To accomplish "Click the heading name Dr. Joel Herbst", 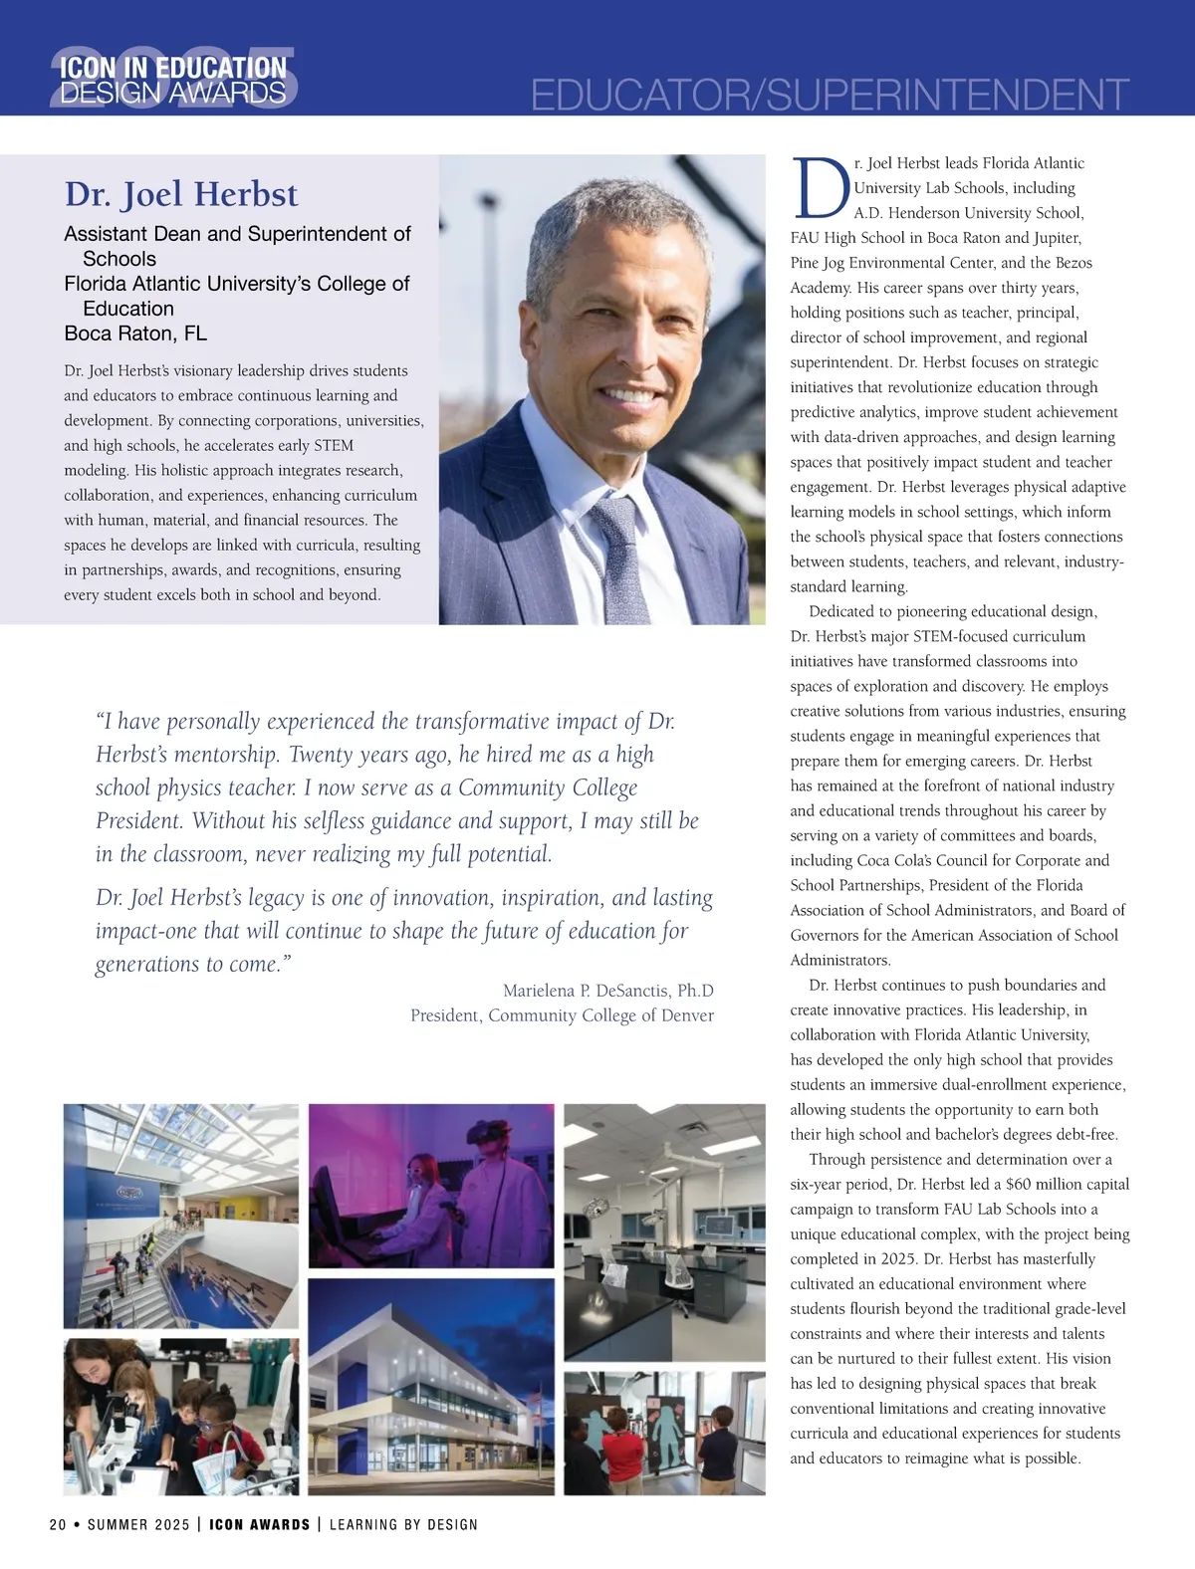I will pos(181,194).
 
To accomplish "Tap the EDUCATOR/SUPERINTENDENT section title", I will pos(830,96).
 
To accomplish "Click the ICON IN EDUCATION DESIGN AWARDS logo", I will pos(173,81).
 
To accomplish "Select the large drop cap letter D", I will pos(820,188).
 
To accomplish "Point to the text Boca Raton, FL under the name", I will pos(135,334).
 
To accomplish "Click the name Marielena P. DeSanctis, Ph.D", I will pos(607,991).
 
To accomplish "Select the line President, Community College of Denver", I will pos(562,1015).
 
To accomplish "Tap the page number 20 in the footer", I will pos(58,1525).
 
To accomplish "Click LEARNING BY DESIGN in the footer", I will pos(403,1525).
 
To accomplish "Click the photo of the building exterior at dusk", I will pos(431,1386).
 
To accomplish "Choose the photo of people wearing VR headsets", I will pos(431,1185).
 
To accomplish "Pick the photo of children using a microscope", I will pos(180,1416).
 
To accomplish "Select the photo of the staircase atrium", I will pos(180,1216).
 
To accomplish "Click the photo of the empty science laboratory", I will pos(664,1232).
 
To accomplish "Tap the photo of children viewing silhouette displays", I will pos(664,1432).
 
